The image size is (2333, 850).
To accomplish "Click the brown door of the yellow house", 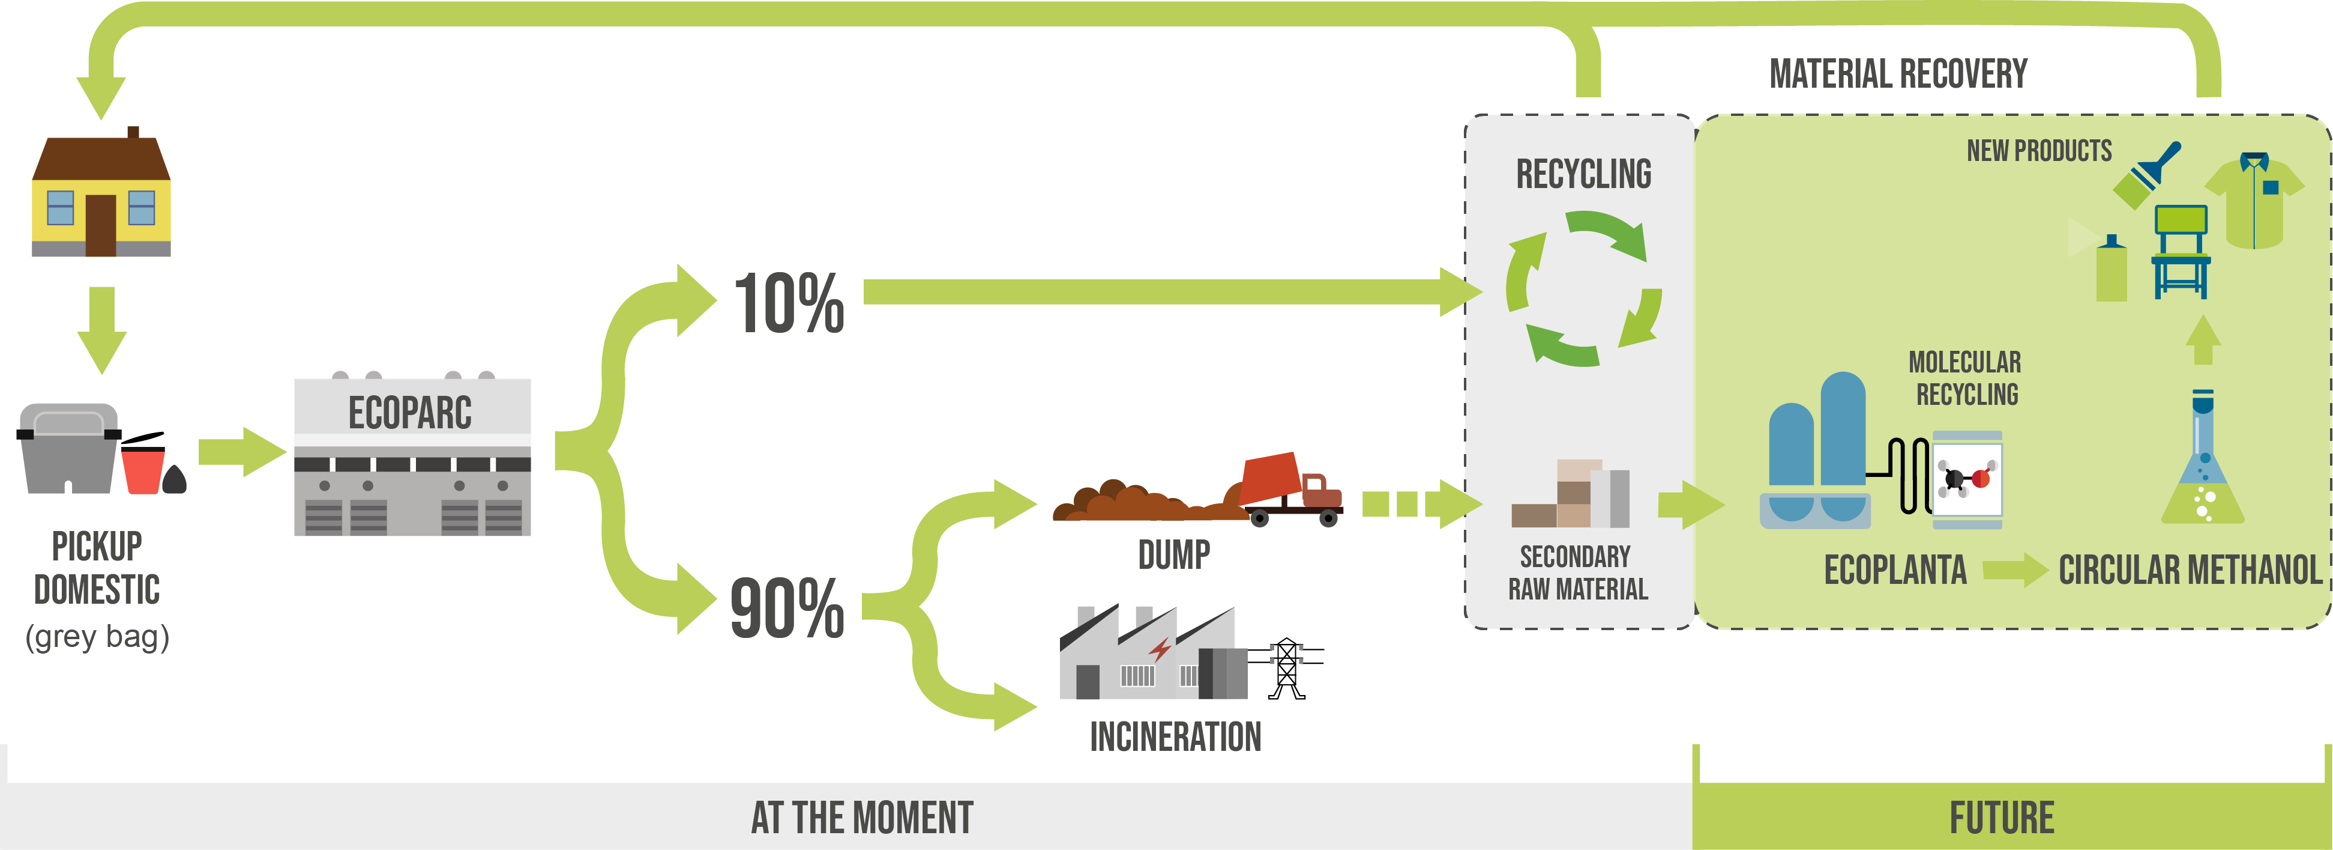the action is (100, 226).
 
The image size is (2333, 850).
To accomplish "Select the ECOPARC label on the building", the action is (411, 413).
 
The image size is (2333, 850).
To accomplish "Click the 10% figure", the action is (789, 303).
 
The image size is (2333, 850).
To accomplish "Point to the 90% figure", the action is (787, 608).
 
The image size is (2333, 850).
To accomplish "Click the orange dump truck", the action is (1290, 490).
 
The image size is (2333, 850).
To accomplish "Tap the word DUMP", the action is (1174, 554).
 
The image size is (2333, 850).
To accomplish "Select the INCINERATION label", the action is (1176, 736).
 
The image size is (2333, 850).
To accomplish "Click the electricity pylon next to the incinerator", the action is (1286, 669).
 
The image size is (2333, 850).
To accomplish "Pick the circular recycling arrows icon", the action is (1584, 288).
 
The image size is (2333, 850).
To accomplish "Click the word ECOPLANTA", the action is (1895, 570).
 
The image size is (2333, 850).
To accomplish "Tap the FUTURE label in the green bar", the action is (2002, 818).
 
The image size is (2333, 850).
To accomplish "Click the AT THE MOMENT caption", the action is (862, 818).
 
